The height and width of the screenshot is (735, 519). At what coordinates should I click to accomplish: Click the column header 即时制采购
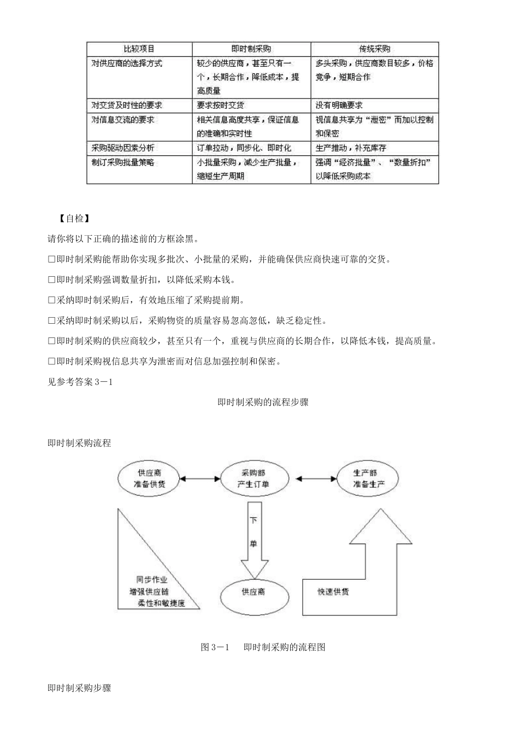point(251,49)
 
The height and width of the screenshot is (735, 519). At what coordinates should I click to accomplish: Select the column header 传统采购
point(374,49)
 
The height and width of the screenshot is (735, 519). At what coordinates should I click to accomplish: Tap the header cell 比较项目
point(139,49)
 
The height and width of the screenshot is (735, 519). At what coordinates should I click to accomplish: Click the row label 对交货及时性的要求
point(126,105)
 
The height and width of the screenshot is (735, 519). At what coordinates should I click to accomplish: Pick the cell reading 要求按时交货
point(220,105)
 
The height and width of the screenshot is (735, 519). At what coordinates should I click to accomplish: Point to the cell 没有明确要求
point(339,105)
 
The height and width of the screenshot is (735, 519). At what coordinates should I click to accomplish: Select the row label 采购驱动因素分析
point(122,148)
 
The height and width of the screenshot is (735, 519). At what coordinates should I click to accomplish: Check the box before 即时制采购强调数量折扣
point(52,280)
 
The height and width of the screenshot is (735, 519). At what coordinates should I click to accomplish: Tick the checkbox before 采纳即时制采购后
point(52,300)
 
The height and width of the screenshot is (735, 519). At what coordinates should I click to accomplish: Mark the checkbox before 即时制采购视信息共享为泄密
point(52,361)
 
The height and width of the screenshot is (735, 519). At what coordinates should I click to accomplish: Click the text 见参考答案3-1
point(80,382)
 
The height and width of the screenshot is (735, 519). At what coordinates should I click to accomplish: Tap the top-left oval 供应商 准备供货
point(149,479)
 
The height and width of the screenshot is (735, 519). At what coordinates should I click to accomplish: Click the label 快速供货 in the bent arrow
point(333,592)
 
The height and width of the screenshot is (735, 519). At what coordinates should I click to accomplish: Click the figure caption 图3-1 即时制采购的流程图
point(263,647)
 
